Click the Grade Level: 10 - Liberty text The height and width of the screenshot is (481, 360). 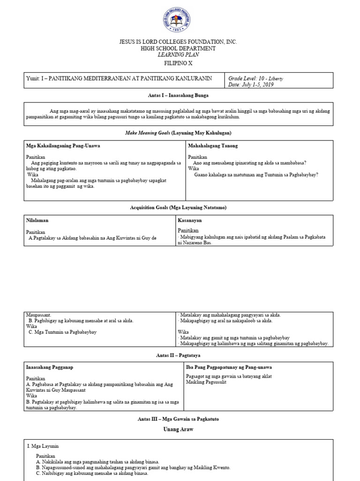(255, 78)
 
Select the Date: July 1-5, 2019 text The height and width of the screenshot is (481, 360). (251, 85)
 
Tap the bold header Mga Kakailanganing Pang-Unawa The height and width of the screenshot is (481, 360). (63, 146)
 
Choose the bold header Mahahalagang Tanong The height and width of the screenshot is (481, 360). (213, 146)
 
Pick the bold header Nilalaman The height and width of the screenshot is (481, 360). (37, 220)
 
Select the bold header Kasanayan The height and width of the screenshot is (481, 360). (189, 220)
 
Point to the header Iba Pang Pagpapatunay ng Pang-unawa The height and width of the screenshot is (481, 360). (229, 367)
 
